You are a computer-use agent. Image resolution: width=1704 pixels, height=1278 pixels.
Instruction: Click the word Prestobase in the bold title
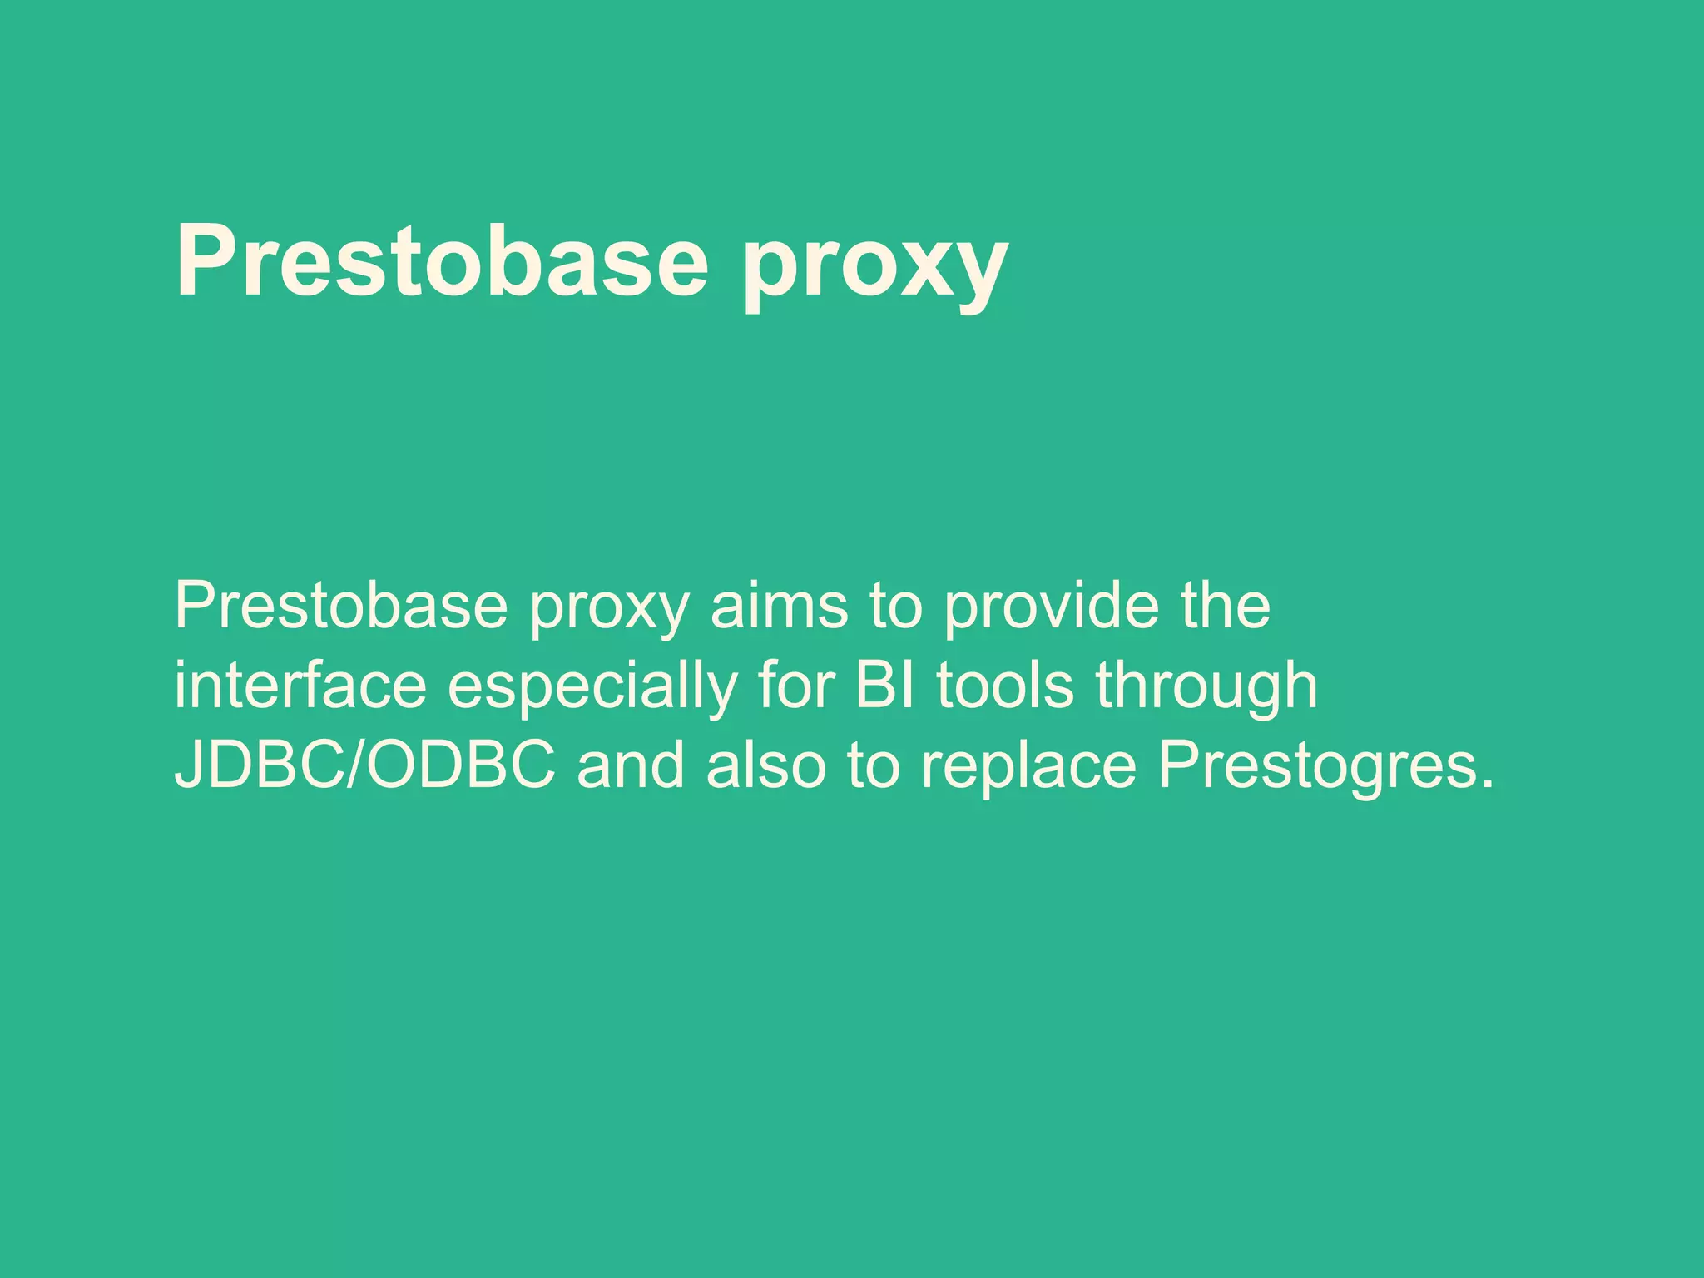pyautogui.click(x=441, y=260)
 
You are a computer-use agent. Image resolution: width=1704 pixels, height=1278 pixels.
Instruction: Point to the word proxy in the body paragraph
pyautogui.click(x=610, y=612)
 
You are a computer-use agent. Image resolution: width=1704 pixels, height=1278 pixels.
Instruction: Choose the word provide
pyautogui.click(x=1051, y=607)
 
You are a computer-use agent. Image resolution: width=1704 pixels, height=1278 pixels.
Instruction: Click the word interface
pyautogui.click(x=300, y=686)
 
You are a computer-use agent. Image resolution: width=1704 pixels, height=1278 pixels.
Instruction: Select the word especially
pyautogui.click(x=592, y=689)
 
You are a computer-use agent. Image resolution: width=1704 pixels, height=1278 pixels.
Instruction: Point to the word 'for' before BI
pyautogui.click(x=796, y=686)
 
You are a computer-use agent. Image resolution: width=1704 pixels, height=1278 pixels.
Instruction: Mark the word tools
pyautogui.click(x=1004, y=686)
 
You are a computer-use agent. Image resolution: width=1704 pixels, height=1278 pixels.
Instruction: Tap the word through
pyautogui.click(x=1206, y=689)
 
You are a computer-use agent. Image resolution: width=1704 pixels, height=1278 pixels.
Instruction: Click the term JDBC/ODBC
pyautogui.click(x=364, y=765)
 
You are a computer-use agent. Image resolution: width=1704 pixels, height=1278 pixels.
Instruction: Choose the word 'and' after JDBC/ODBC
pyautogui.click(x=631, y=765)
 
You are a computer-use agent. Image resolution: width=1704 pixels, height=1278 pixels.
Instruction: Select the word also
pyautogui.click(x=765, y=765)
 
